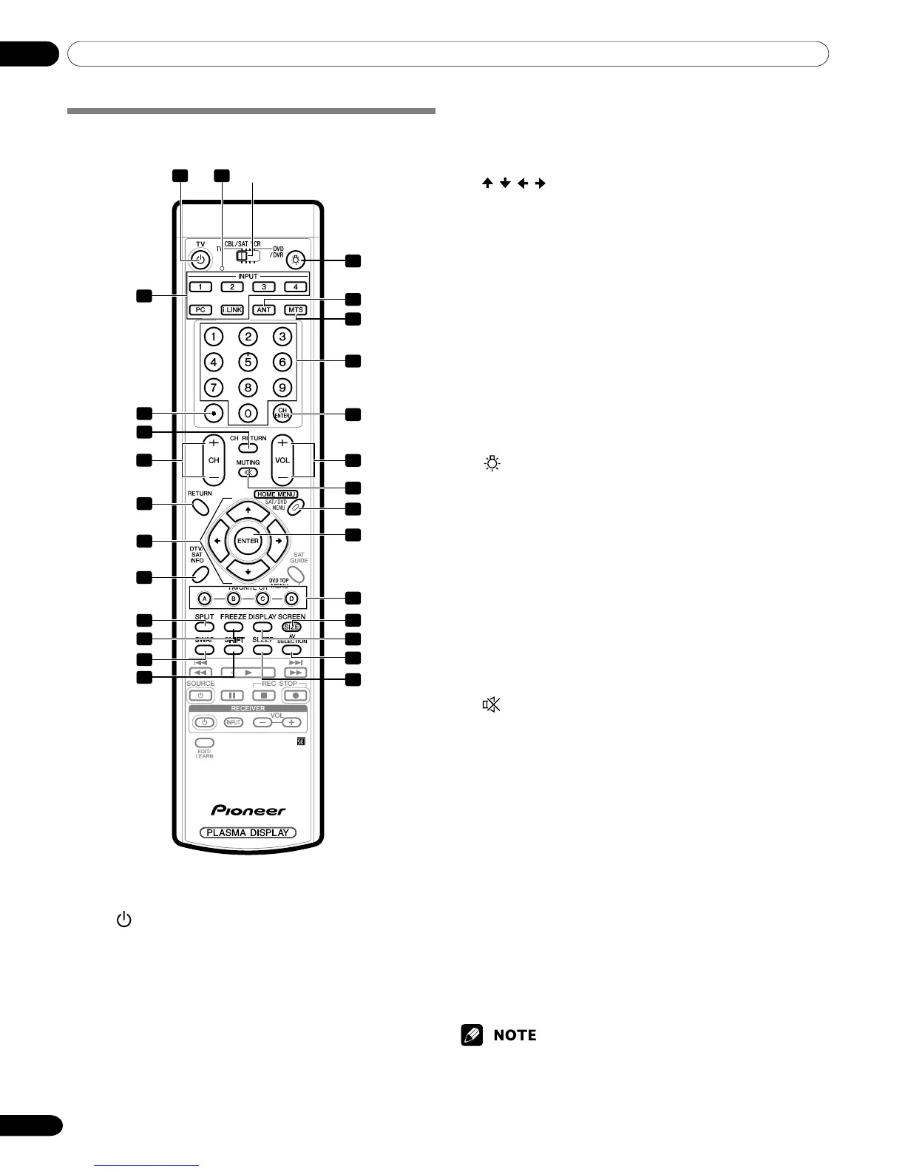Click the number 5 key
(248, 363)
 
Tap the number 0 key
(248, 413)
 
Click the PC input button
(200, 309)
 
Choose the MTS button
(295, 309)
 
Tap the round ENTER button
(248, 541)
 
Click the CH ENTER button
(282, 413)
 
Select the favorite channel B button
(234, 598)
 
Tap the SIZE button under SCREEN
(291, 627)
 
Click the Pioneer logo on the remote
(248, 810)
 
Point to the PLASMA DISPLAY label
(248, 832)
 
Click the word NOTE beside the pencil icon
(515, 1035)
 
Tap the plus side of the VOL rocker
(282, 444)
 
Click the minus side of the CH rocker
(214, 477)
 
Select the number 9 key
(282, 387)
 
